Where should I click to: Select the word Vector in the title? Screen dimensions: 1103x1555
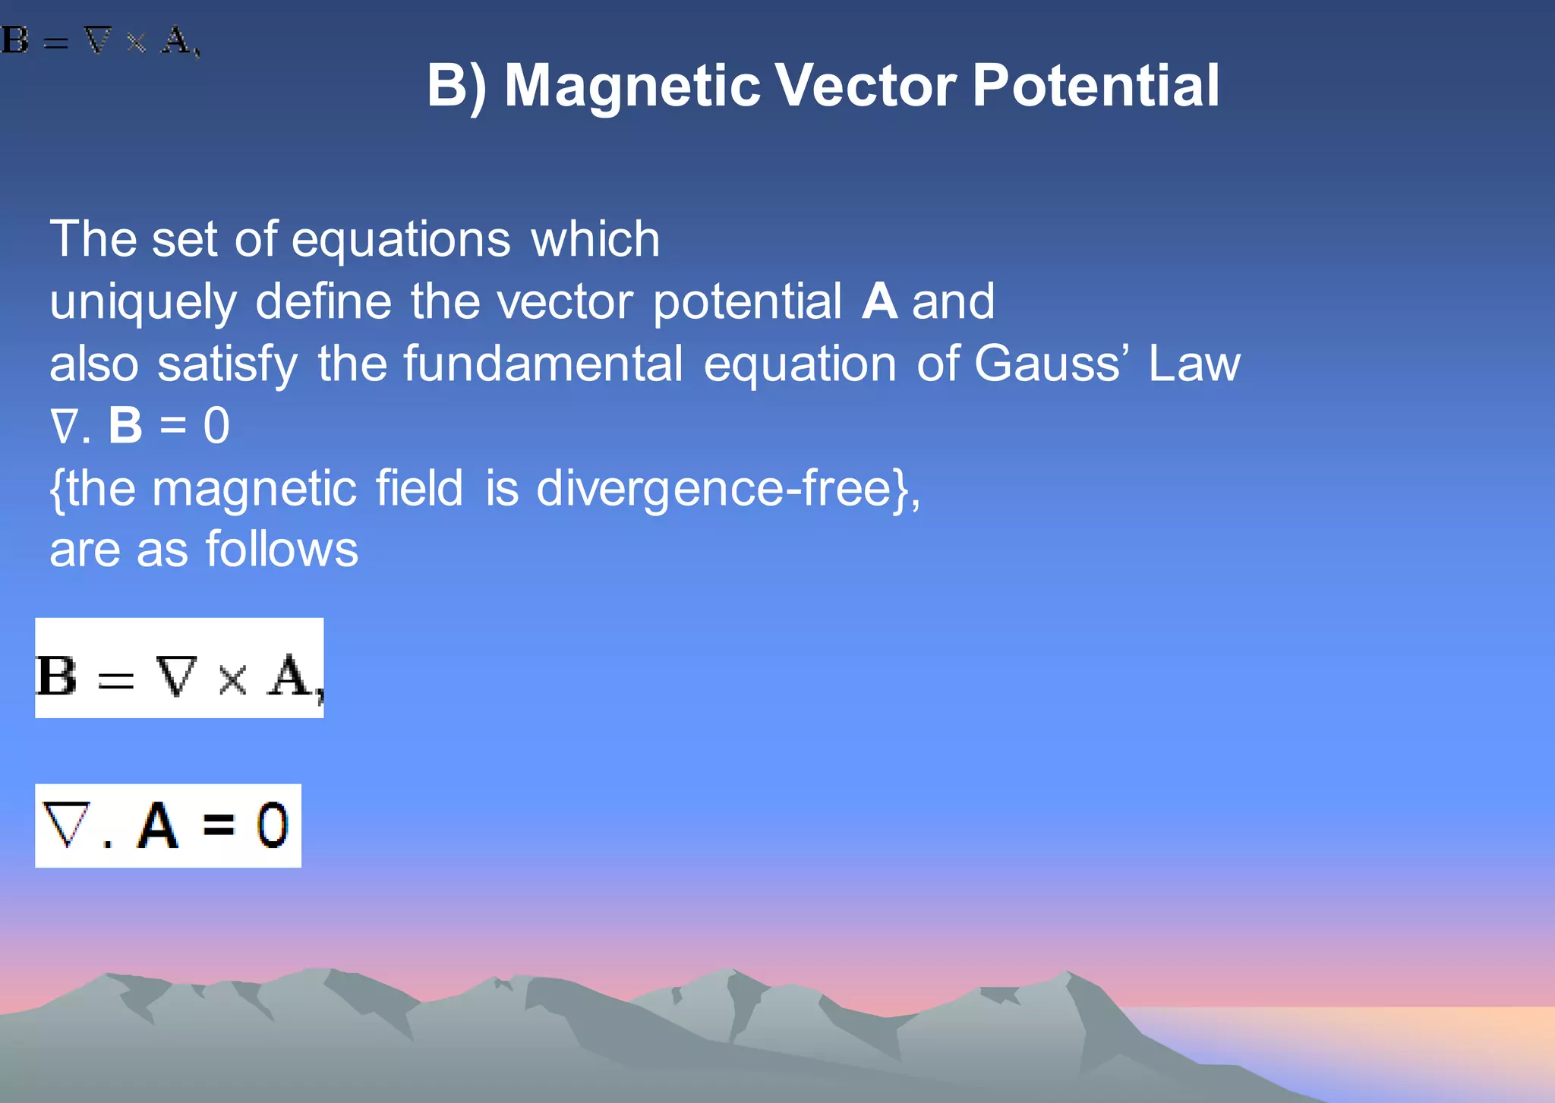pyautogui.click(x=866, y=86)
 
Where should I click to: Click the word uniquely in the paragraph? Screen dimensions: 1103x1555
pyautogui.click(x=143, y=302)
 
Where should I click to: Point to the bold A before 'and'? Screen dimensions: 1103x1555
pyautogui.click(x=880, y=301)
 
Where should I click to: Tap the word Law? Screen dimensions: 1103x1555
pyautogui.click(x=1194, y=364)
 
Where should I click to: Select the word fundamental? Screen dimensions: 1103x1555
pyautogui.click(x=543, y=364)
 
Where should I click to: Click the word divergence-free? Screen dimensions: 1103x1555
pyautogui.click(x=712, y=489)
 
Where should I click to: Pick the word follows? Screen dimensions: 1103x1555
pyautogui.click(x=282, y=550)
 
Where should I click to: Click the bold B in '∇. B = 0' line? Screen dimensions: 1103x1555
pyautogui.click(x=125, y=426)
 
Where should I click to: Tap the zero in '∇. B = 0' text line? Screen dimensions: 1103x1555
pyautogui.click(x=216, y=426)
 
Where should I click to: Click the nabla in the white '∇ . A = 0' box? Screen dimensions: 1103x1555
pyautogui.click(x=66, y=824)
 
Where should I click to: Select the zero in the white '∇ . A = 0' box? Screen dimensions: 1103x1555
pyautogui.click(x=272, y=825)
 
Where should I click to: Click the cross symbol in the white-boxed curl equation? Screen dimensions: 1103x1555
pyautogui.click(x=232, y=678)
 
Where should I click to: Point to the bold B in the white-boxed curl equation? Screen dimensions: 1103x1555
pyautogui.click(x=57, y=676)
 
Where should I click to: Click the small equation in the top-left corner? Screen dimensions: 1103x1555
pyautogui.click(x=100, y=40)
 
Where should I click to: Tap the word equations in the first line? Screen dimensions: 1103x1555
pyautogui.click(x=401, y=240)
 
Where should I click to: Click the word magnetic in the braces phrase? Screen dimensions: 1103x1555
pyautogui.click(x=254, y=489)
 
